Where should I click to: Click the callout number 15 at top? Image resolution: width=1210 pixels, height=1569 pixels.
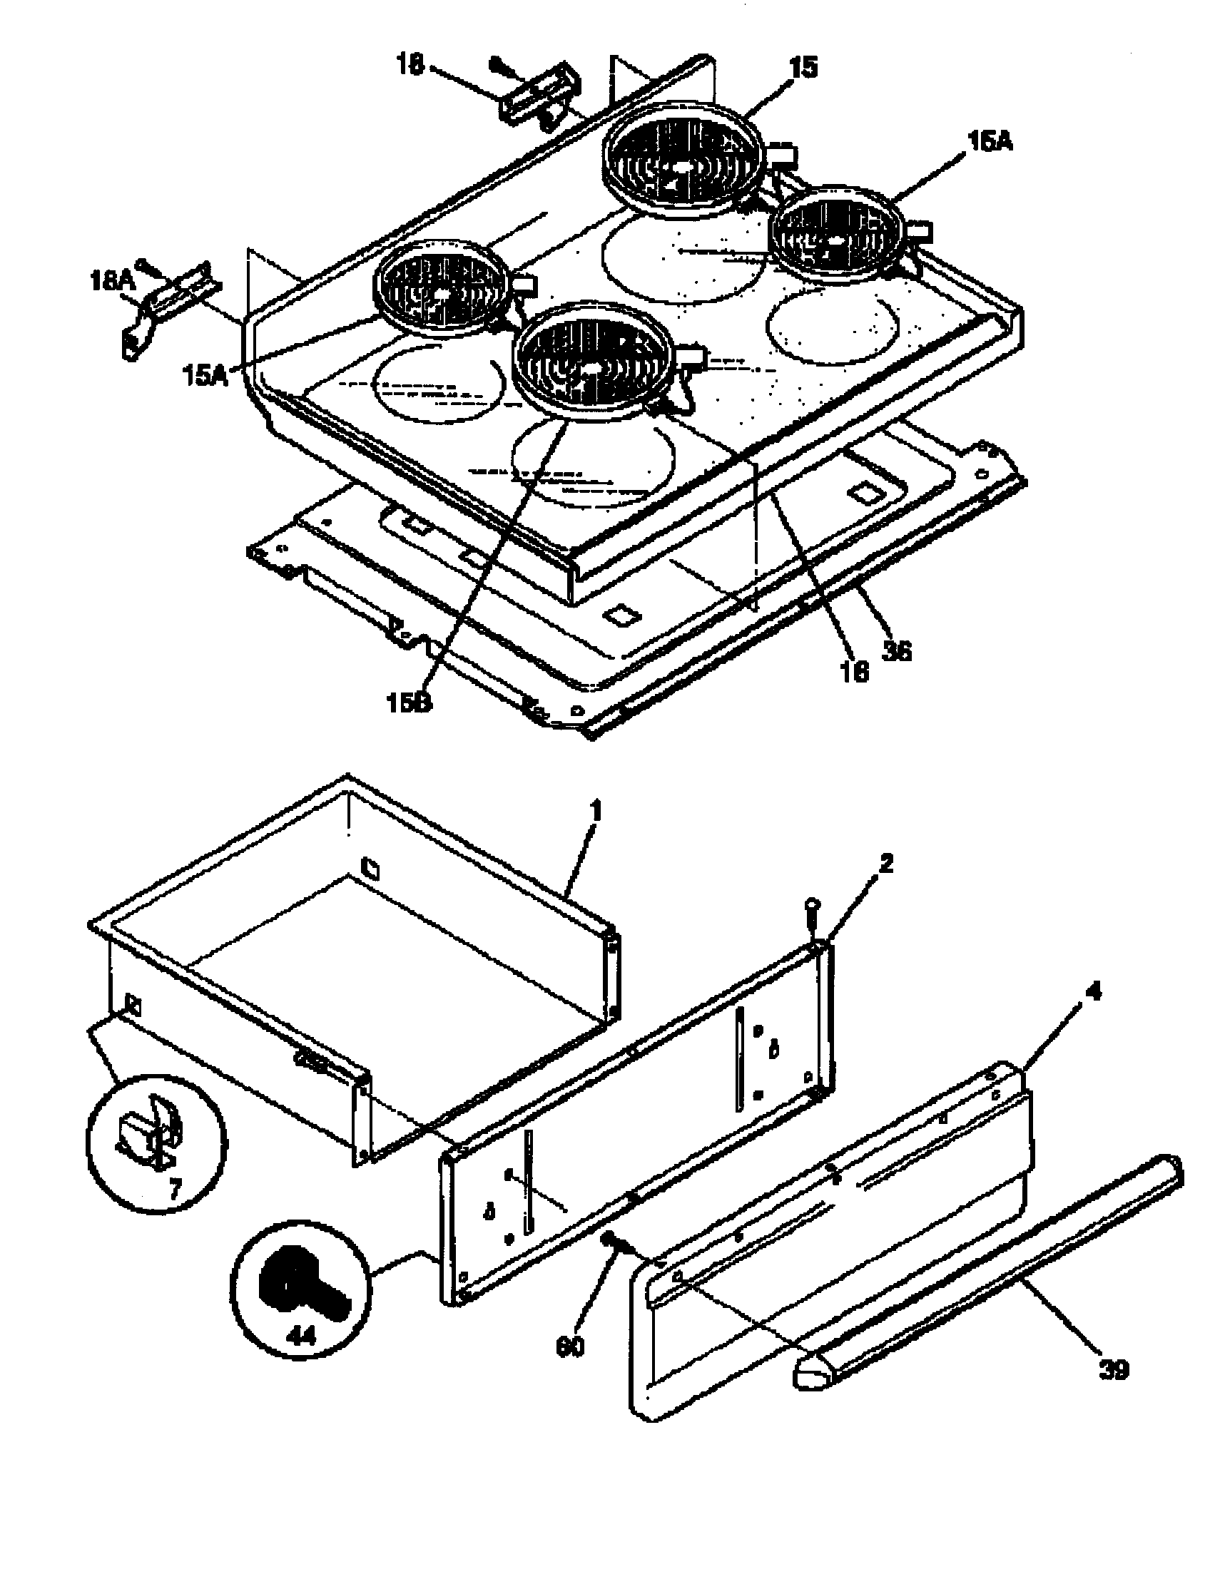click(803, 68)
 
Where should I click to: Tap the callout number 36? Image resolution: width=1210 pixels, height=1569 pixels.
click(896, 651)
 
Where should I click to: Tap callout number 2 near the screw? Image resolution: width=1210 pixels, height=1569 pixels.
click(886, 864)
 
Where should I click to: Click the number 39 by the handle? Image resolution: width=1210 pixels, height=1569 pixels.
click(1114, 1369)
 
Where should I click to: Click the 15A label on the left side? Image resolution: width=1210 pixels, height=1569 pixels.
click(205, 374)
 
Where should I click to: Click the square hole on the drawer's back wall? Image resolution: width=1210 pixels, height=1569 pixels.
click(370, 867)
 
